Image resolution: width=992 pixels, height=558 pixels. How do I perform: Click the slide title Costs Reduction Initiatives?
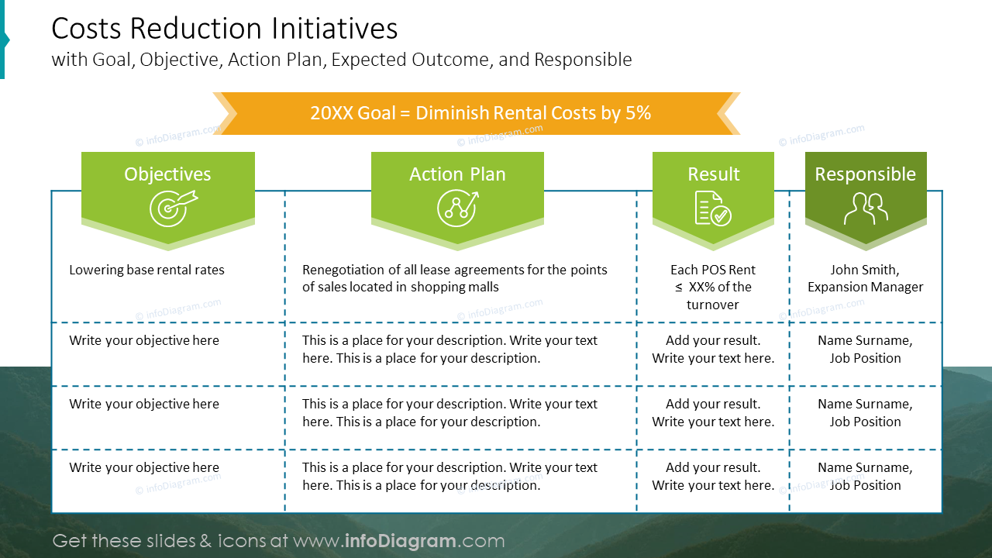click(225, 29)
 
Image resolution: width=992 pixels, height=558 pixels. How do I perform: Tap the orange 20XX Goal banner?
click(480, 113)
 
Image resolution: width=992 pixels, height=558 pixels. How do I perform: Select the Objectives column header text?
click(167, 174)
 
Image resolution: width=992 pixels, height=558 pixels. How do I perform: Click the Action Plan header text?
click(457, 174)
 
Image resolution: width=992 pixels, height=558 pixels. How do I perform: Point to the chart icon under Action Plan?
click(457, 208)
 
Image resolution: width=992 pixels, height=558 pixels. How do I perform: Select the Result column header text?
click(713, 174)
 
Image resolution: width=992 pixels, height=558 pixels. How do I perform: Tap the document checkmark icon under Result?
click(712, 208)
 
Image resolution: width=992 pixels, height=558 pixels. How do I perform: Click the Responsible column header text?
click(865, 174)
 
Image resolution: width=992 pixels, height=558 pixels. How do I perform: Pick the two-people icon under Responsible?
click(866, 208)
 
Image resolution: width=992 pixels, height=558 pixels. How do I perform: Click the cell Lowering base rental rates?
click(146, 270)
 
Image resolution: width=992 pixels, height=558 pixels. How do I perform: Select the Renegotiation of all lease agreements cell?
click(454, 278)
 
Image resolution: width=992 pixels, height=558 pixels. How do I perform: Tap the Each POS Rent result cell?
click(712, 287)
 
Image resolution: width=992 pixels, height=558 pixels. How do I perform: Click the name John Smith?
click(865, 270)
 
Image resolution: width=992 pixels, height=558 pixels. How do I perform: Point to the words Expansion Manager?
click(865, 288)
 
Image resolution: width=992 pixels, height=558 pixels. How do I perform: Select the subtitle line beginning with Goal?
click(341, 60)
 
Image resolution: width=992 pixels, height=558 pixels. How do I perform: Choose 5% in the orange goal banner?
click(637, 113)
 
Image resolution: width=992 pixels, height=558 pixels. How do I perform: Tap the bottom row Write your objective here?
click(144, 468)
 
